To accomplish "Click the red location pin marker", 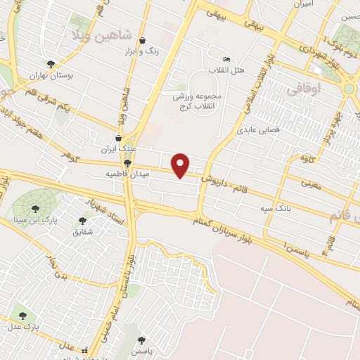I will point(181,165).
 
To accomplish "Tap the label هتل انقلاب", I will point(223,70).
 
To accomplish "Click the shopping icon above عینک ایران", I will point(118,139).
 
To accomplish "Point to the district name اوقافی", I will point(304,89).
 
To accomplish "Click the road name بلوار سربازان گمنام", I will point(224,227).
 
